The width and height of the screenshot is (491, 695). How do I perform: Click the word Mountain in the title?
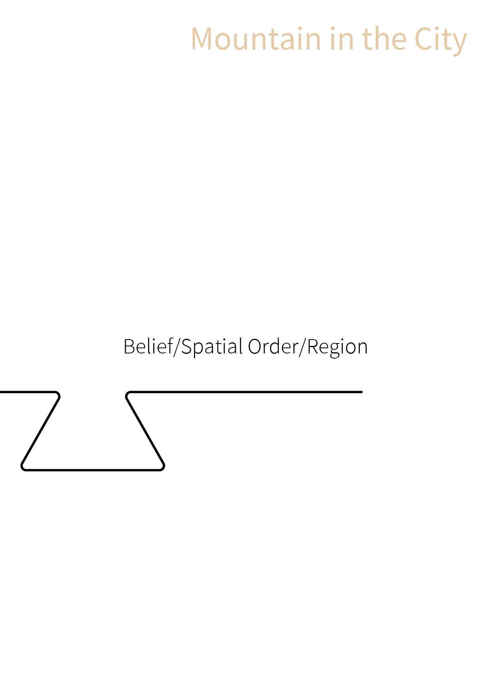click(256, 39)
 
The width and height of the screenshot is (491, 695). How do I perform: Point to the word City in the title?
click(441, 40)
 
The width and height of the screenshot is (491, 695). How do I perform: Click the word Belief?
click(148, 346)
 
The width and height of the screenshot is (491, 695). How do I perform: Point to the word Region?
click(337, 347)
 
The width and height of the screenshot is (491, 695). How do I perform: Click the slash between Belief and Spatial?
click(177, 347)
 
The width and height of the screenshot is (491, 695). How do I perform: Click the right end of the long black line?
click(361, 392)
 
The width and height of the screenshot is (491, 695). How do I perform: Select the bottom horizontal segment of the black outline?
click(93, 470)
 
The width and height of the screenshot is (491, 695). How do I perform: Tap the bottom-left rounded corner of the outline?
click(23, 467)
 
